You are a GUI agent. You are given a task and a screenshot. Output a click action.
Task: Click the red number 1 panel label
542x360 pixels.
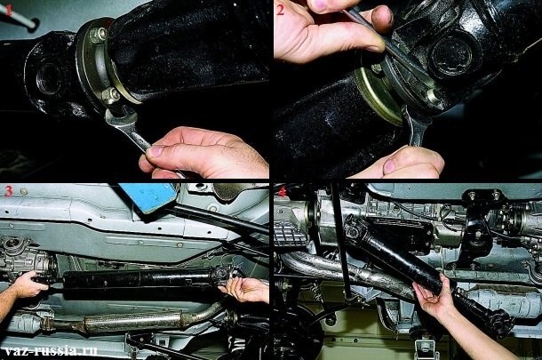(x=10, y=12)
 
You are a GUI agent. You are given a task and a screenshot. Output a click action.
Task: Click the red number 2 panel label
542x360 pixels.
(x=281, y=12)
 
